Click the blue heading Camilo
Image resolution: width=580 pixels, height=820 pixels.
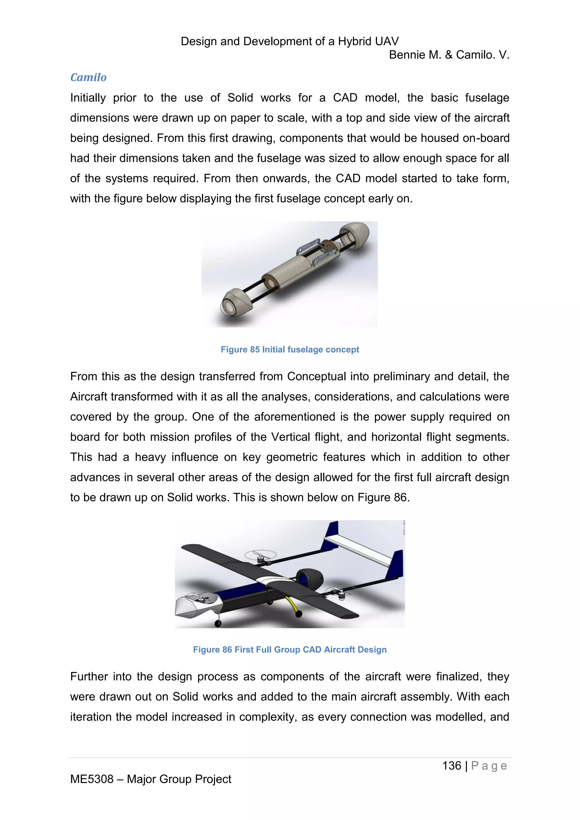tap(88, 78)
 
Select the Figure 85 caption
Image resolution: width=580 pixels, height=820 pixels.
tap(290, 349)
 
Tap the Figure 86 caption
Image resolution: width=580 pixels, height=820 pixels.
tap(290, 649)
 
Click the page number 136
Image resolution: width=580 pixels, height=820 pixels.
tap(451, 765)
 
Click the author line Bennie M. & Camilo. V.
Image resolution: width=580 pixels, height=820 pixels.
tap(449, 55)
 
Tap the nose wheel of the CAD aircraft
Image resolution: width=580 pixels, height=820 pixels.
tap(217, 623)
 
